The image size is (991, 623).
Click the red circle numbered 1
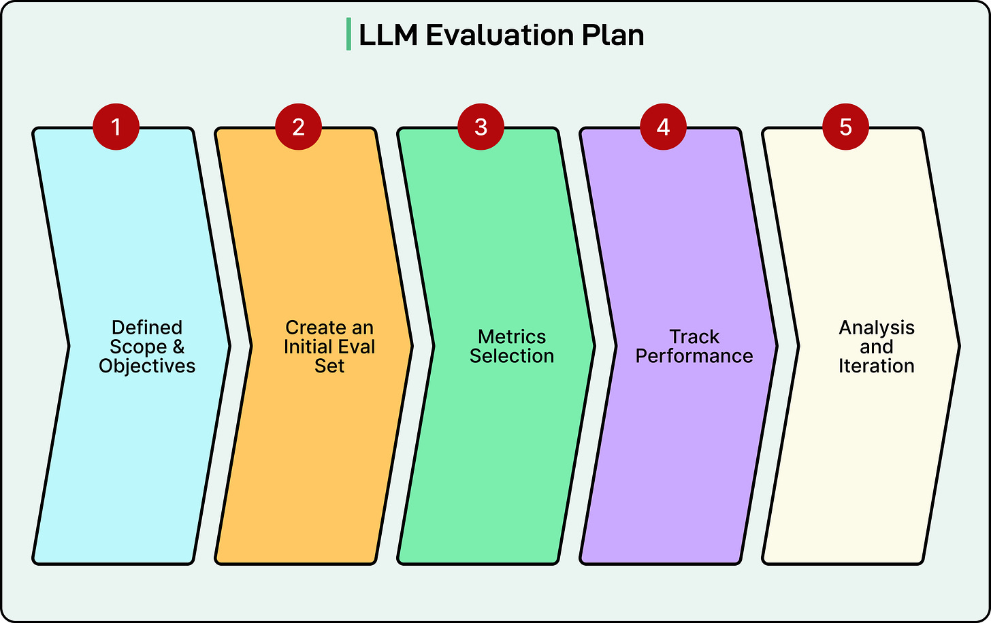click(116, 127)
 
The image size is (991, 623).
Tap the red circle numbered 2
click(298, 127)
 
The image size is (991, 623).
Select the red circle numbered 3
click(481, 127)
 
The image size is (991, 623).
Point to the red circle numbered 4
click(663, 127)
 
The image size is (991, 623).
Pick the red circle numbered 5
click(845, 127)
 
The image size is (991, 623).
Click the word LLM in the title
click(388, 35)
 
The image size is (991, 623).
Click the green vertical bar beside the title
click(348, 35)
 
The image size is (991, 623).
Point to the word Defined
click(147, 328)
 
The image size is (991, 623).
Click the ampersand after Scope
click(178, 347)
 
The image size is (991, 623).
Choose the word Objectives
click(147, 366)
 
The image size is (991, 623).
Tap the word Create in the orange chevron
click(311, 328)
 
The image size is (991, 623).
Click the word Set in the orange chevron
click(329, 366)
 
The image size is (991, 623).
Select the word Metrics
click(512, 337)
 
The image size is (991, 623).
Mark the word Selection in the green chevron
click(512, 356)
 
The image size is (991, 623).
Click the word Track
click(694, 337)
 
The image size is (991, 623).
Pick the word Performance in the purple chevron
click(694, 356)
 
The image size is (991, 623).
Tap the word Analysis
click(877, 328)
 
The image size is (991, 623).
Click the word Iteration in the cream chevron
click(877, 366)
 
